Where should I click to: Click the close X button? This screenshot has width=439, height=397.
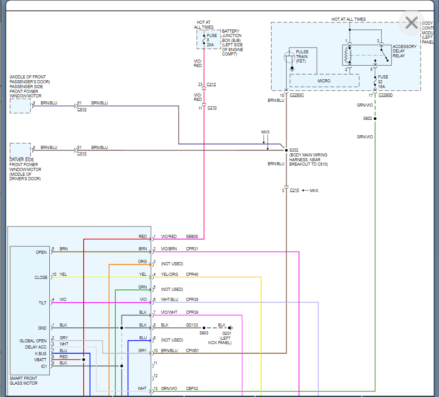click(x=411, y=23)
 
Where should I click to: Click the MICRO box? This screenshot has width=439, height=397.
click(x=324, y=81)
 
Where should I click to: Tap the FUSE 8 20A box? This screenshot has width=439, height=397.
click(x=208, y=40)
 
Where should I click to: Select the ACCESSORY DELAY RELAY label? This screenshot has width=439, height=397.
click(x=404, y=51)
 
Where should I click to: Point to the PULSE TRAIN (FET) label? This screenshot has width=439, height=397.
click(x=302, y=56)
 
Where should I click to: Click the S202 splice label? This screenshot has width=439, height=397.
click(x=294, y=150)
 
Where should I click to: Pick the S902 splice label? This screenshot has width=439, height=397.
click(x=368, y=119)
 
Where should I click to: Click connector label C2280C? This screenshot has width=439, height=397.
click(x=298, y=95)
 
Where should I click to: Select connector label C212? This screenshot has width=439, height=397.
click(x=211, y=85)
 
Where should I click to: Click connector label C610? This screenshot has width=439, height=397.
click(x=82, y=109)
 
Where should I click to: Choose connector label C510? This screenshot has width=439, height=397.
click(x=82, y=154)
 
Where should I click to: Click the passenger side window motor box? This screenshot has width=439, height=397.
click(x=20, y=106)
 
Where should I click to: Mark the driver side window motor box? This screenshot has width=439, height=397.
click(x=20, y=150)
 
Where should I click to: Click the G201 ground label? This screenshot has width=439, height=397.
click(x=227, y=333)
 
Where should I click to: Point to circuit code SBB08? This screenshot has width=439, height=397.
click(x=192, y=237)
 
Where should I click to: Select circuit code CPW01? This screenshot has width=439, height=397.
click(x=192, y=351)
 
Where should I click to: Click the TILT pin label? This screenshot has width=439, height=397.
click(x=42, y=303)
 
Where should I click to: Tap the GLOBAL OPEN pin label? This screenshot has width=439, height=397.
click(x=33, y=341)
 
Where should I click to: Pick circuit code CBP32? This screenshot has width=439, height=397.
click(x=192, y=389)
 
